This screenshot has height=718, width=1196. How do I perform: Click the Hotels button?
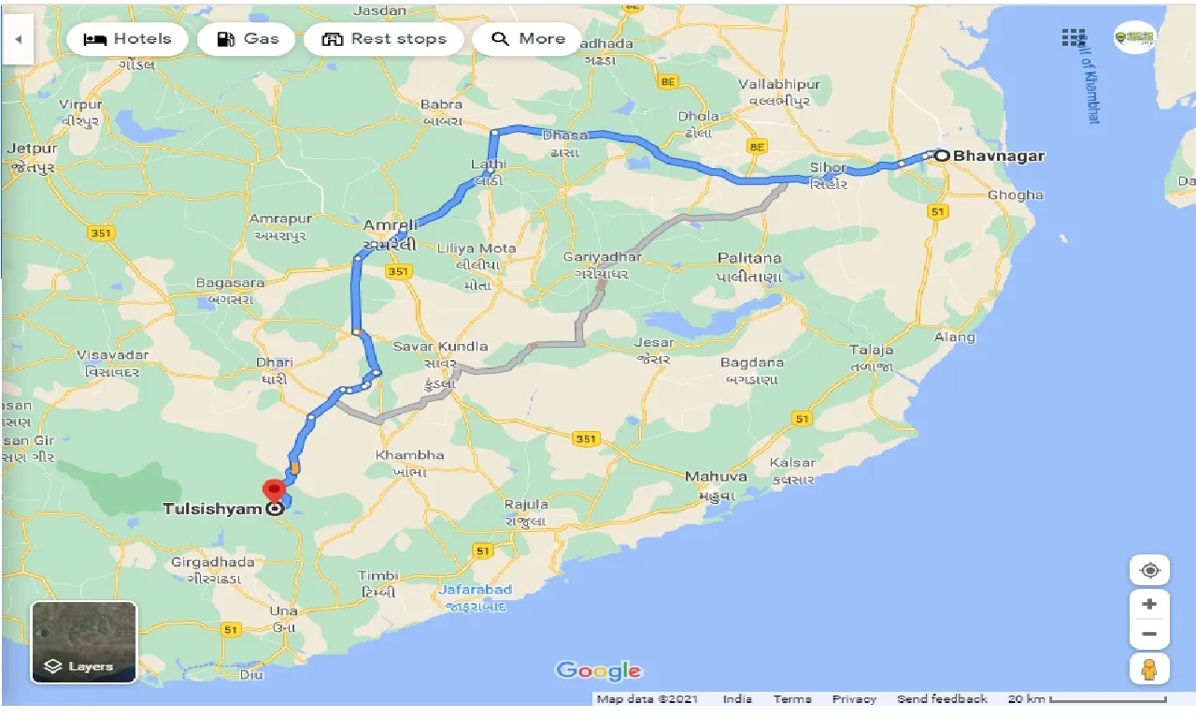(x=128, y=39)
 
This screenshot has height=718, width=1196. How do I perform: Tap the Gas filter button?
(x=248, y=39)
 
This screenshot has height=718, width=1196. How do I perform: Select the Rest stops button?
(x=383, y=39)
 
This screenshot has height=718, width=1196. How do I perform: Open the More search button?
(x=528, y=39)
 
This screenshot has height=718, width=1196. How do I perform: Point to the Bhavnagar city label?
(x=999, y=156)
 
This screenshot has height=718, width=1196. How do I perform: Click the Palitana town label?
(x=749, y=257)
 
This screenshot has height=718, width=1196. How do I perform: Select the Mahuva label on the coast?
(x=716, y=476)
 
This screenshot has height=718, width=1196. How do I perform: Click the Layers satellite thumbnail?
(x=84, y=641)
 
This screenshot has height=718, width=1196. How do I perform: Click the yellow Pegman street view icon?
(x=1149, y=669)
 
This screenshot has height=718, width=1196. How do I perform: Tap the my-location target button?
(x=1149, y=570)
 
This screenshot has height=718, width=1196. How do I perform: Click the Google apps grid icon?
(x=1074, y=37)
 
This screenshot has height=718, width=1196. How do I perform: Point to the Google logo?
(x=598, y=670)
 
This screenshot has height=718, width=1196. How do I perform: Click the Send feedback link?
(x=942, y=699)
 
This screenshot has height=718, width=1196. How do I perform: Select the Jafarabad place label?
(x=477, y=590)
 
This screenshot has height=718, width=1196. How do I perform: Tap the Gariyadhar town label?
(x=603, y=256)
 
